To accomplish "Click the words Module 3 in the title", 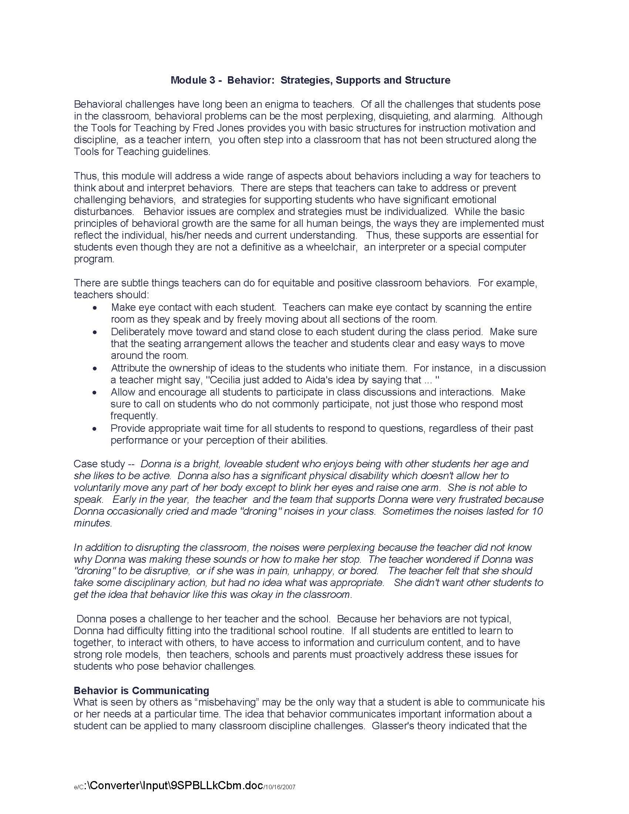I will (x=192, y=80).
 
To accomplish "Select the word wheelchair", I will (x=330, y=247).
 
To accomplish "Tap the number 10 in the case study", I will (x=537, y=511).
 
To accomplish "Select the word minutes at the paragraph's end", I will (x=92, y=523).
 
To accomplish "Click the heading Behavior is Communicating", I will (x=141, y=690).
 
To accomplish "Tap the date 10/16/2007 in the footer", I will (x=279, y=787).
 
